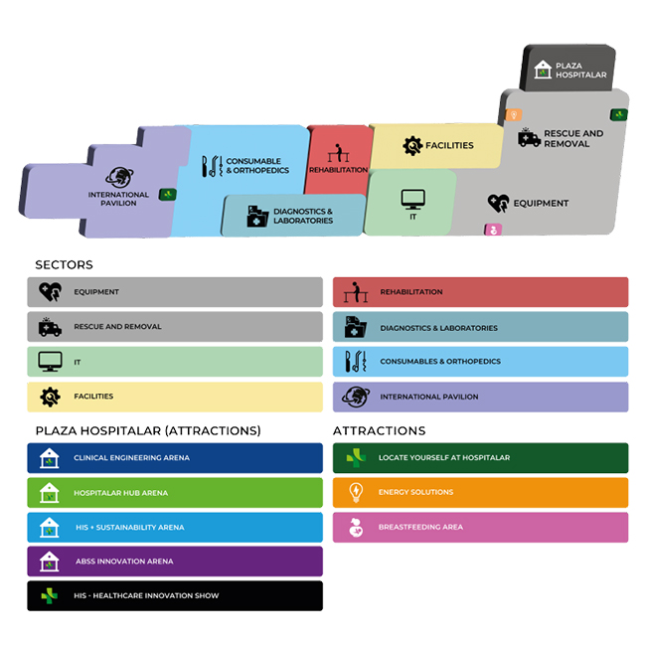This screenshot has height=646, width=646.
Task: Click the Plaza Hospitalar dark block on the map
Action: (x=568, y=69)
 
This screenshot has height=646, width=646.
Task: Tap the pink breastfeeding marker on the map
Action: (x=493, y=230)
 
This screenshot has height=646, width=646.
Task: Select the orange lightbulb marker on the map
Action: (x=514, y=115)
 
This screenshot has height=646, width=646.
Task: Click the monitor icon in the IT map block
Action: (x=413, y=200)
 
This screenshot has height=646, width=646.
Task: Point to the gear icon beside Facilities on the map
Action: (x=412, y=145)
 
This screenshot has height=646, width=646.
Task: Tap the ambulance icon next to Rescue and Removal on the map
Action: (x=529, y=137)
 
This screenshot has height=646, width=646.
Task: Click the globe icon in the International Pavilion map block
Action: (x=119, y=177)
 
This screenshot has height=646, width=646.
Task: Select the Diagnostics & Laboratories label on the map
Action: (x=303, y=216)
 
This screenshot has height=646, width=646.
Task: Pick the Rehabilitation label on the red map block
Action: (x=338, y=170)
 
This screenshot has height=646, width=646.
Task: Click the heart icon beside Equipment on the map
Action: (x=499, y=203)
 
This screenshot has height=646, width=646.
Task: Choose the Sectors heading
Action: (x=64, y=265)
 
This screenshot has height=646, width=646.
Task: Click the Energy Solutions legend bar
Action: (x=480, y=492)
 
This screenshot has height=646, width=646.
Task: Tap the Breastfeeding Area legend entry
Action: (x=480, y=528)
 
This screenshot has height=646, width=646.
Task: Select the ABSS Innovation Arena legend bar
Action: (x=175, y=562)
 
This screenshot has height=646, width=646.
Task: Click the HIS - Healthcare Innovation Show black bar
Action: (x=175, y=595)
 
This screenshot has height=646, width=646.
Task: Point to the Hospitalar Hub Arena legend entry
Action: (x=175, y=493)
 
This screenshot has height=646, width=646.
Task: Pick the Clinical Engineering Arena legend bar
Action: (x=175, y=458)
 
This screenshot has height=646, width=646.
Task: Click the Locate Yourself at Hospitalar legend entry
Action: (x=480, y=458)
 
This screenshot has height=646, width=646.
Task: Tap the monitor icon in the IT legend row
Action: (x=50, y=362)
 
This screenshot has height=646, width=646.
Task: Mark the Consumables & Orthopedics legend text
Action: (x=440, y=362)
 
